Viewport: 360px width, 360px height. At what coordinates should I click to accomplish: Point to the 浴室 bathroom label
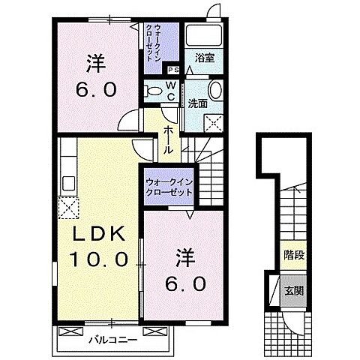[204, 57]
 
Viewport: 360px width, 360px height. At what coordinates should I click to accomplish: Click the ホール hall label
[169, 139]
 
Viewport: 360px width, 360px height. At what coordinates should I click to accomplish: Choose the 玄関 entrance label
[293, 287]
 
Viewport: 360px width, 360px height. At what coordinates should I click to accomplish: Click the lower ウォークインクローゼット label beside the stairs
[168, 187]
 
